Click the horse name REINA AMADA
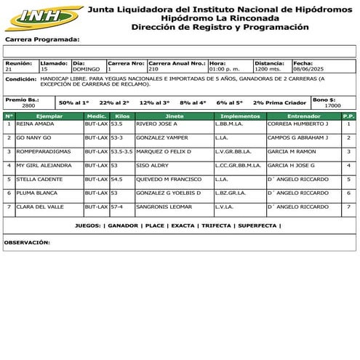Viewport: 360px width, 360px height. (35, 124)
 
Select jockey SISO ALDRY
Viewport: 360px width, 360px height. (152, 165)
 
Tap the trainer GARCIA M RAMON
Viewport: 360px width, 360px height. (291, 151)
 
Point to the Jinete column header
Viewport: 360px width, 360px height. (175, 116)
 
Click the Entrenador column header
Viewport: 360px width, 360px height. (303, 116)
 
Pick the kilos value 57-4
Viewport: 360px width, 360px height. (116, 207)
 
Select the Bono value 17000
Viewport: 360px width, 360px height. (332, 105)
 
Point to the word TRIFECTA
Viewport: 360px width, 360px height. (216, 225)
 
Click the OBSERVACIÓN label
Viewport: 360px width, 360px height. (27, 241)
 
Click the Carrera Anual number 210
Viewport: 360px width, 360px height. (153, 68)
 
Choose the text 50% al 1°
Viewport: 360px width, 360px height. (74, 103)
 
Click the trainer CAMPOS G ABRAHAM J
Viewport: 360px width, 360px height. (297, 137)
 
